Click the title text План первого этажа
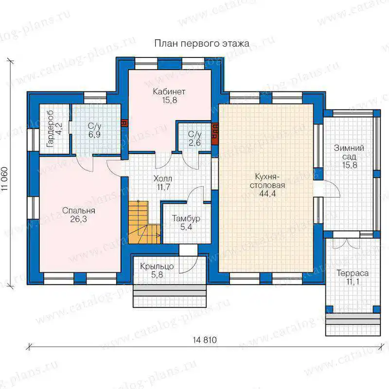[202, 44]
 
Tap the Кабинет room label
[169, 91]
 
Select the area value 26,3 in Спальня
[78, 219]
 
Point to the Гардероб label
[51, 129]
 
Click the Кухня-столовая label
[267, 181]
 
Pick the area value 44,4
[267, 193]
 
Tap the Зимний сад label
[349, 152]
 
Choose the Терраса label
[352, 273]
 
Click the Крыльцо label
[157, 266]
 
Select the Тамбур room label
[186, 218]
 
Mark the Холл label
[163, 178]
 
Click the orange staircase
[144, 223]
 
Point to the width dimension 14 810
[205, 339]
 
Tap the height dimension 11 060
[5, 179]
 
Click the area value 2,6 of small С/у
[195, 143]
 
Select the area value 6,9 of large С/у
[94, 135]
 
